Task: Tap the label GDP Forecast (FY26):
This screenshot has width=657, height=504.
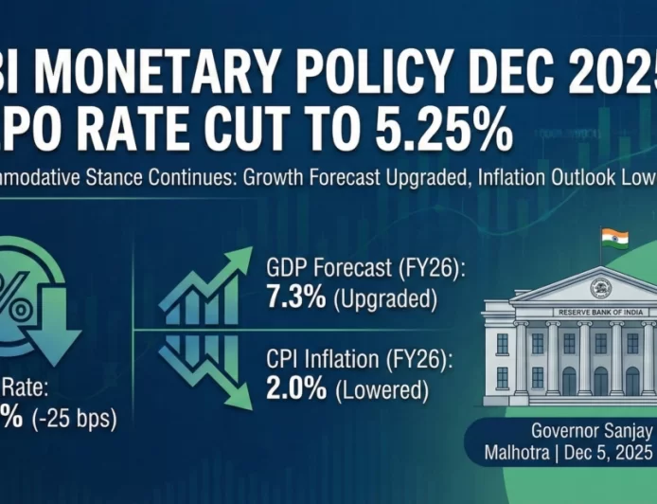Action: (x=361, y=270)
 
